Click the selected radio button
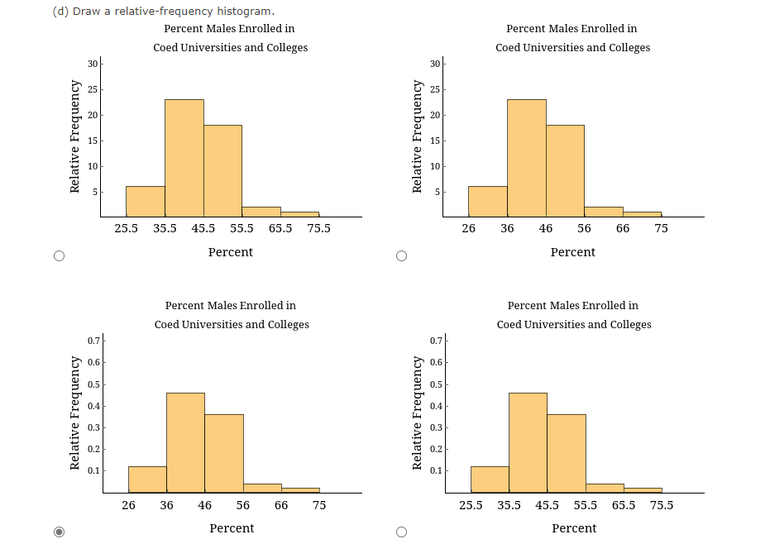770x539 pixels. (58, 532)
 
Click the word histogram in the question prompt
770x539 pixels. (244, 11)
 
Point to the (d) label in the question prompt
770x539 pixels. (60, 11)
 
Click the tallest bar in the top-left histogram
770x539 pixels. (184, 158)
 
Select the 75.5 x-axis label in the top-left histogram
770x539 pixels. (318, 228)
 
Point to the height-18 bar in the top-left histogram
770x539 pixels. (222, 170)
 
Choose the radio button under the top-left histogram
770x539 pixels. (58, 255)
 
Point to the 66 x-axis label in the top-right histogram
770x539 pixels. (623, 228)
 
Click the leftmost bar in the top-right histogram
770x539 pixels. (487, 201)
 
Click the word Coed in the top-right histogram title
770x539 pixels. (509, 47)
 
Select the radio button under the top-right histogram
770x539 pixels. (401, 255)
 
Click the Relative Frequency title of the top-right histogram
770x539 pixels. (418, 136)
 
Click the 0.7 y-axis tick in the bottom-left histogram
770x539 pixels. (95, 341)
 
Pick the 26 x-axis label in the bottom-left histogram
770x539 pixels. (129, 504)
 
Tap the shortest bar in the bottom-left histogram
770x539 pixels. (300, 489)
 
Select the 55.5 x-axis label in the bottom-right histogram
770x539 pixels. (586, 504)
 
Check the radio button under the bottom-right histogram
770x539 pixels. (401, 532)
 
